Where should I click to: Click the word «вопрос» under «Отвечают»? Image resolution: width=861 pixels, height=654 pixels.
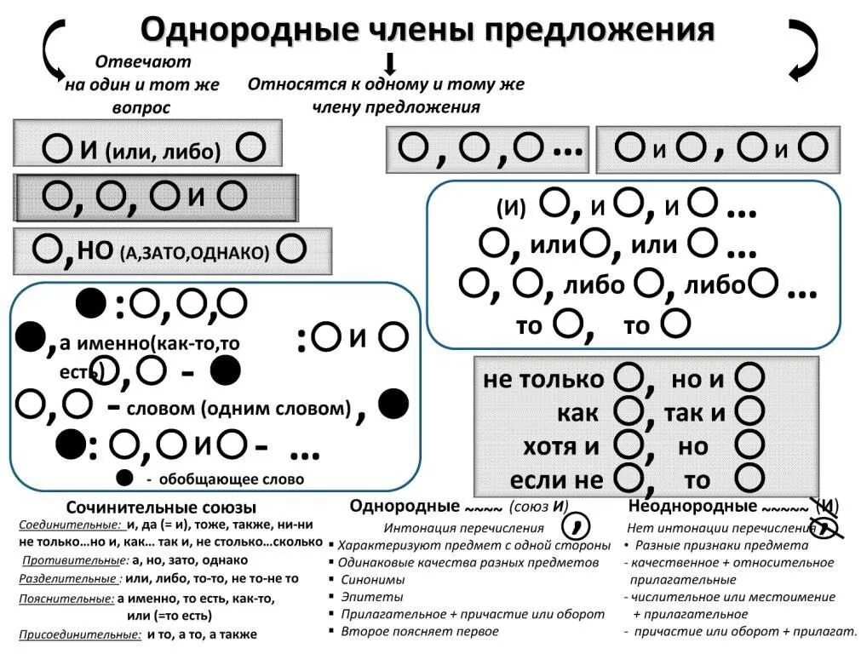pos(141,108)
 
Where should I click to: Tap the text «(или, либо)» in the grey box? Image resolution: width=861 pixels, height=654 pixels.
pos(163,152)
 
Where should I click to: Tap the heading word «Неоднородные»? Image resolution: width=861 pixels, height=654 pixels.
pos(688,507)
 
